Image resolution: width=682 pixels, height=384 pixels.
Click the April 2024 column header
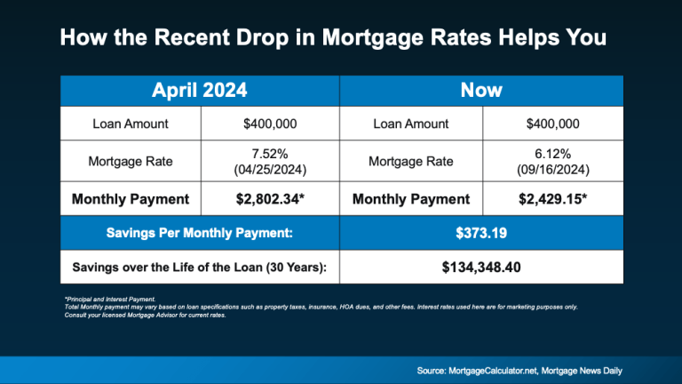click(200, 90)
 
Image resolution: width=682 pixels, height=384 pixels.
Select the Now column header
click(481, 90)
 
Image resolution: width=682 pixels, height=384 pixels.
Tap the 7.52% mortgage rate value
click(270, 154)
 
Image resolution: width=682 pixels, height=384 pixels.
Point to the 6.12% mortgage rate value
click(553, 154)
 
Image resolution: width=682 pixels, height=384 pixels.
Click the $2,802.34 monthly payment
click(270, 199)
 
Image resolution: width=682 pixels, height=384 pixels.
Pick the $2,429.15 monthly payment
click(553, 199)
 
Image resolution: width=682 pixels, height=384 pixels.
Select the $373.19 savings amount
click(481, 233)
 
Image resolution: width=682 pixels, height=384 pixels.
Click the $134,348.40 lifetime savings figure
click(481, 267)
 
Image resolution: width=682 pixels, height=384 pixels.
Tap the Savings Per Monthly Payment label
click(200, 233)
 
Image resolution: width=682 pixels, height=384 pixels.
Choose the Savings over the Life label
click(200, 267)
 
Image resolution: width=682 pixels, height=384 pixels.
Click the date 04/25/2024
click(270, 170)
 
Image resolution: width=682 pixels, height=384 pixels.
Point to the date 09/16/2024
click(553, 170)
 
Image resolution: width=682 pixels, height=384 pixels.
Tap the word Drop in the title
click(262, 38)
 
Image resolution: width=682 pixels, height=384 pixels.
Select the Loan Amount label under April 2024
click(131, 124)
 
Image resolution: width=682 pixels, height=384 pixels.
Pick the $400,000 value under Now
click(553, 124)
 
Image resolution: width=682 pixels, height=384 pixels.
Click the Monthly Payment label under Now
click(411, 199)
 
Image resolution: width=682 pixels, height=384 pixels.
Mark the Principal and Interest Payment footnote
click(110, 299)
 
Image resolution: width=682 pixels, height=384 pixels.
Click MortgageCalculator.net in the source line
click(493, 371)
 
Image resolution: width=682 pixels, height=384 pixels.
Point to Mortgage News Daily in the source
click(582, 371)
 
